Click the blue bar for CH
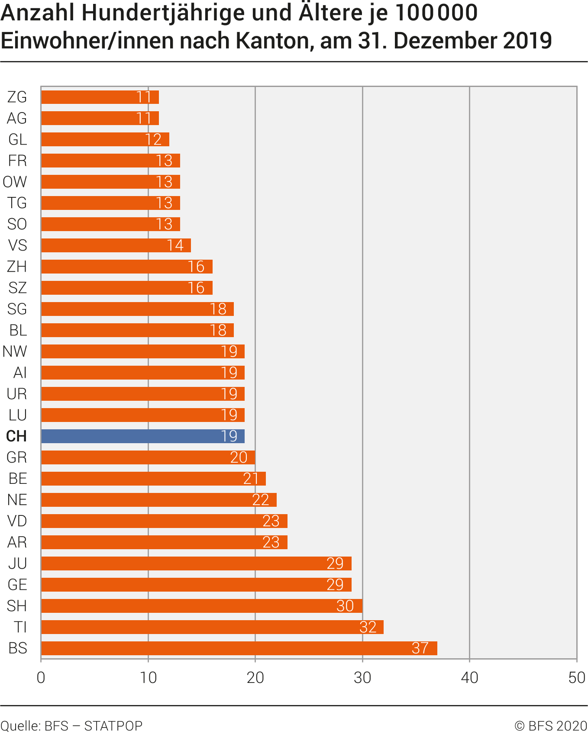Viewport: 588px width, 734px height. (143, 436)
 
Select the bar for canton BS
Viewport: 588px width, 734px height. (239, 648)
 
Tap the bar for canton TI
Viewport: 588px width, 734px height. (212, 627)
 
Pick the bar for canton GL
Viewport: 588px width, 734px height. (105, 139)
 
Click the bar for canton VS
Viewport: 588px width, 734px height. (116, 245)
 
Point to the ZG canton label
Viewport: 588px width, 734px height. (17, 97)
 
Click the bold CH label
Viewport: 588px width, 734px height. (16, 436)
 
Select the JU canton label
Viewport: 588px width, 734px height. (18, 563)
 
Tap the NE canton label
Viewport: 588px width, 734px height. (17, 500)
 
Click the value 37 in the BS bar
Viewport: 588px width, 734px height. (420, 648)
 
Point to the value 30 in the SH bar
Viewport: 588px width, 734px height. (345, 606)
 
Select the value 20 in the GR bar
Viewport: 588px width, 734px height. (239, 457)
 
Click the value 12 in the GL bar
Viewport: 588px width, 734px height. (153, 139)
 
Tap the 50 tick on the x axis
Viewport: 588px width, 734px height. (576, 678)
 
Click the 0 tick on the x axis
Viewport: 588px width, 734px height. (41, 678)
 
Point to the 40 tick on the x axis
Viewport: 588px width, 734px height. (469, 678)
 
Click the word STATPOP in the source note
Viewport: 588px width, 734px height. (113, 726)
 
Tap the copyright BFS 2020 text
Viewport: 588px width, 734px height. (550, 726)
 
